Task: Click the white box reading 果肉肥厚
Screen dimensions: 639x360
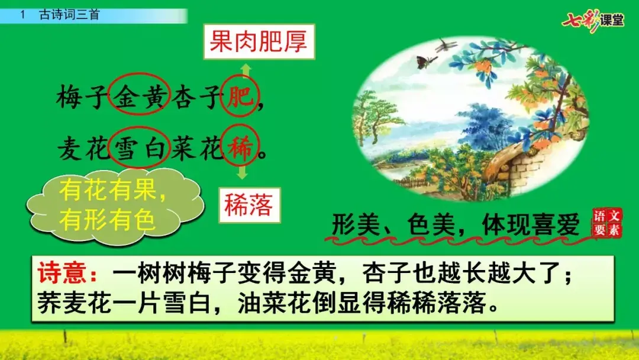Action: [259, 41]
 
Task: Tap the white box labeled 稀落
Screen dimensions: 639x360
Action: [250, 205]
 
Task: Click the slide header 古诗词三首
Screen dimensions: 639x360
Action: [69, 15]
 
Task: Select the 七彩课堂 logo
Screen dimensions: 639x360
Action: [593, 20]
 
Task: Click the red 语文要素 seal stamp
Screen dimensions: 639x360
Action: [607, 223]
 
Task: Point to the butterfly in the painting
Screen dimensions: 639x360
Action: [426, 61]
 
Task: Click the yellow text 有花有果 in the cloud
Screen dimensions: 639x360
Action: [108, 191]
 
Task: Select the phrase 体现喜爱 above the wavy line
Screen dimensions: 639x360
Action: [530, 224]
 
